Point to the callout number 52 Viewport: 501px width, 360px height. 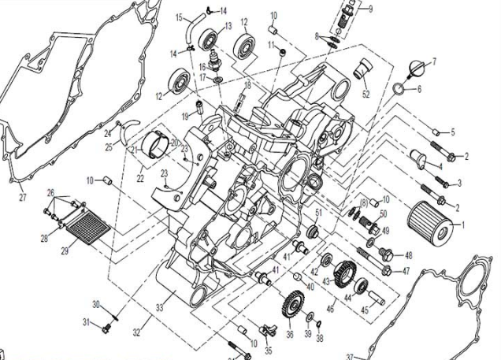366,94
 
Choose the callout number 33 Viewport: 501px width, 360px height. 160,308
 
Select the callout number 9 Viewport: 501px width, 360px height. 370,9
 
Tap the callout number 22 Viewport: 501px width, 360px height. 140,179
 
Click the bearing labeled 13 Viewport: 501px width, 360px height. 211,38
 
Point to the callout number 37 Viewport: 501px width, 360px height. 348,356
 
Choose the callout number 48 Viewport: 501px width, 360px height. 408,255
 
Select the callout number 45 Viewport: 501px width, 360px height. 365,310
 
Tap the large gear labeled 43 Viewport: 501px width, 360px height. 342,277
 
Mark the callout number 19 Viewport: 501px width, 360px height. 186,116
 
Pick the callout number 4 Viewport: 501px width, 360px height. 439,166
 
